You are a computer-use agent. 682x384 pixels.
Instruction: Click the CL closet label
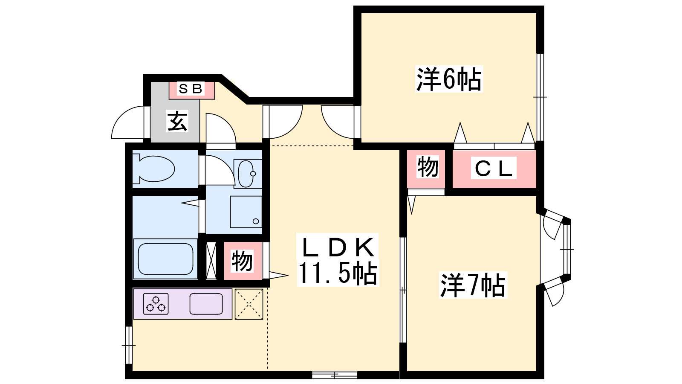[493, 168]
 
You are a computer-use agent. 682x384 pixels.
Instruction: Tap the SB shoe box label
[191, 89]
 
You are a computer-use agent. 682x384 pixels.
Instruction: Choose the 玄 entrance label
[177, 121]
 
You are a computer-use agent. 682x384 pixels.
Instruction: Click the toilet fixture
[154, 169]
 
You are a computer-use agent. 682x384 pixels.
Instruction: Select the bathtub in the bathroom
[166, 259]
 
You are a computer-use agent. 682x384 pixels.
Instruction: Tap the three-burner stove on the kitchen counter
[156, 304]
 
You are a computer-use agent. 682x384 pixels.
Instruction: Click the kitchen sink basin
[206, 304]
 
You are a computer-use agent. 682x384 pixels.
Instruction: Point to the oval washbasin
[246, 174]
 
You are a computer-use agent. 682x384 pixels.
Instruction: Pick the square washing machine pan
[246, 212]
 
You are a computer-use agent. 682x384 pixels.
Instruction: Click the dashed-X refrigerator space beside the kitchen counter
[249, 304]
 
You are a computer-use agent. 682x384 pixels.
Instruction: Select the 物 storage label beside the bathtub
[242, 261]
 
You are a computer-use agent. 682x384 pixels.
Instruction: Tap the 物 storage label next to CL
[428, 167]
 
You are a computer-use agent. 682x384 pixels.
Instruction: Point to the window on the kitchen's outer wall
[129, 345]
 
